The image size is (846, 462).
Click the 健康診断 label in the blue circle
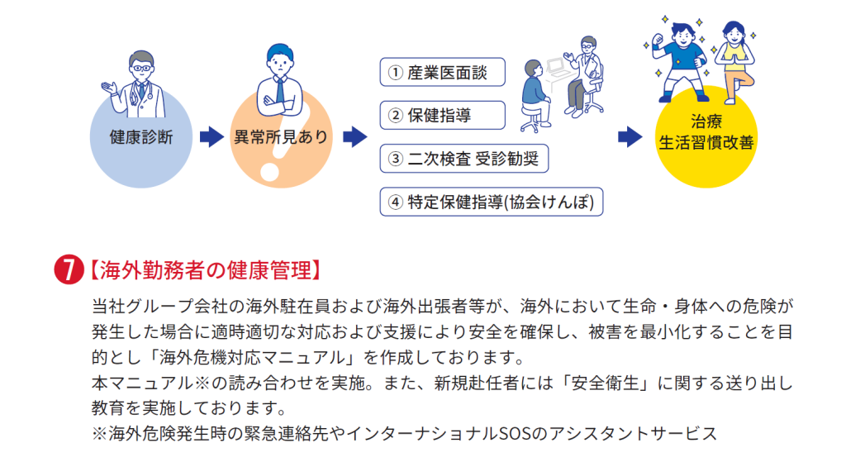pyautogui.click(x=140, y=137)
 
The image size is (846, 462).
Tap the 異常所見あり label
pyautogui.click(x=281, y=137)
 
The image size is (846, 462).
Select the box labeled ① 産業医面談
pyautogui.click(x=443, y=73)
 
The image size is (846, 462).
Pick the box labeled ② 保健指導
pyautogui.click(x=443, y=116)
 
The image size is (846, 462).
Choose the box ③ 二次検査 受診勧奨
pyautogui.click(x=464, y=159)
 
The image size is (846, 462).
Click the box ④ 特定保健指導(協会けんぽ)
pyautogui.click(x=492, y=202)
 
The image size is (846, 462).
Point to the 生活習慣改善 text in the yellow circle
pyautogui.click(x=706, y=143)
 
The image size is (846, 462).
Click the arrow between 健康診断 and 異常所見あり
pyautogui.click(x=211, y=137)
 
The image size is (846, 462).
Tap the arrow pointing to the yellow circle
pyautogui.click(x=630, y=137)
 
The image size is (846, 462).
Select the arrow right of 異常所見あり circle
pyautogui.click(x=354, y=137)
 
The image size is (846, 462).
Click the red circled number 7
pyautogui.click(x=69, y=269)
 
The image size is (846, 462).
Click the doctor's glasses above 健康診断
pyautogui.click(x=141, y=69)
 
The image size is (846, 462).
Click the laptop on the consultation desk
pyautogui.click(x=557, y=68)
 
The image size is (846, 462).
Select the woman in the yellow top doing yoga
pyautogui.click(x=734, y=62)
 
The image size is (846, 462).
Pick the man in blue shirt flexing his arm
pyautogui.click(x=680, y=62)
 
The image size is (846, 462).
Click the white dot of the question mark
pyautogui.click(x=269, y=171)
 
